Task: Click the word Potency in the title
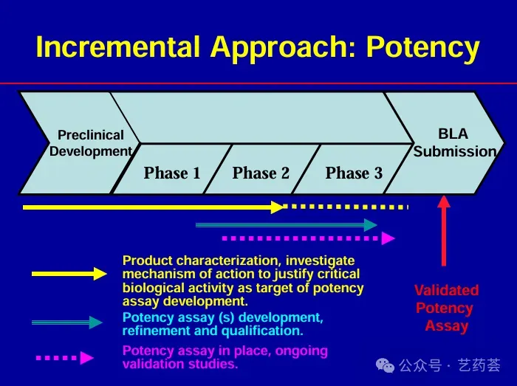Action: [423, 48]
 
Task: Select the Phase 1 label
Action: [172, 173]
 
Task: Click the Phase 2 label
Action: [261, 173]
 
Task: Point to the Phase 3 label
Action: [354, 173]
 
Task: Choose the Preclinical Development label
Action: [90, 143]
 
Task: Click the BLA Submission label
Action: [454, 143]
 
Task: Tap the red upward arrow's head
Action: [444, 201]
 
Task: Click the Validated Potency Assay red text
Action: [446, 308]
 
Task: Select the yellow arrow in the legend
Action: [69, 274]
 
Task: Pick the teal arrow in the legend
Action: [66, 322]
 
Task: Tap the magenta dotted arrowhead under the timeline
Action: [388, 238]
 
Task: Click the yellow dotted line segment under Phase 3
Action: [347, 207]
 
